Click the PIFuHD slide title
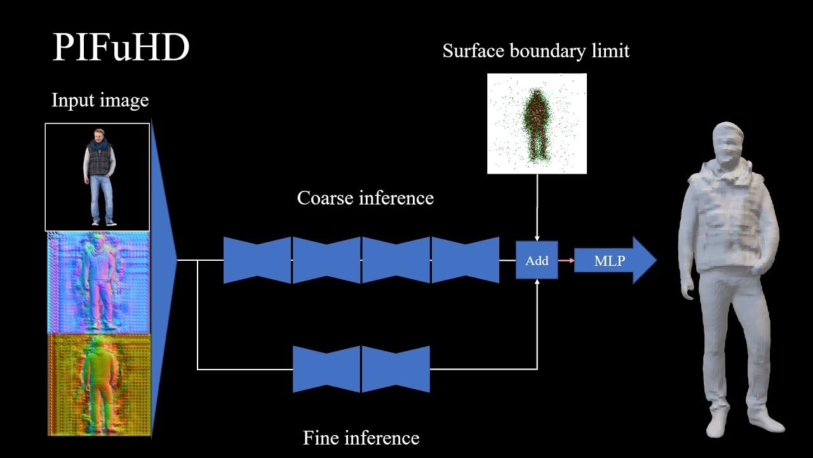point(121,48)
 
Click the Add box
point(537,260)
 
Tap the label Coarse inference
point(365,198)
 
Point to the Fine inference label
point(361,438)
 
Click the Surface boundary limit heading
point(535,51)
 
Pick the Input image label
point(100,101)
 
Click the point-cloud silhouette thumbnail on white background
point(537,123)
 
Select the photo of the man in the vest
point(98,177)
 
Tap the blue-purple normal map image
point(98,282)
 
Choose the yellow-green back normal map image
point(99,385)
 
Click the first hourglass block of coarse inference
point(257,260)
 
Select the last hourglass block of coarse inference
point(465,260)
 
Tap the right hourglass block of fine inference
point(396,369)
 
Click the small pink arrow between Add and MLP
point(566,260)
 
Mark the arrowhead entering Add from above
point(537,237)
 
